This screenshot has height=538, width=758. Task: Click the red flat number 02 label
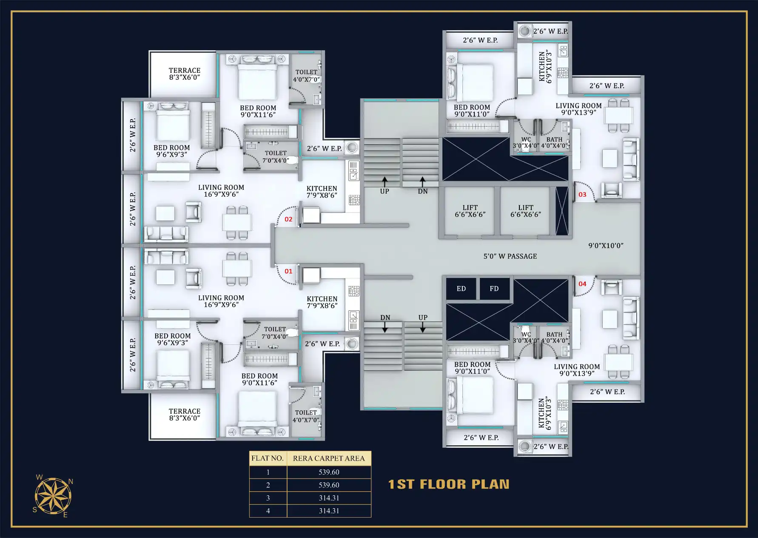click(x=288, y=219)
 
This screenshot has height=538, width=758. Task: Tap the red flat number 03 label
click(x=582, y=195)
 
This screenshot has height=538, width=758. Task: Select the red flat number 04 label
click(x=582, y=284)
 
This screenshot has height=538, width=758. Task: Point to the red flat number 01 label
click(x=288, y=271)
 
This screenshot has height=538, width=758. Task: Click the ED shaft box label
click(x=461, y=289)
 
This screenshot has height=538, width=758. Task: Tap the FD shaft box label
click(x=494, y=289)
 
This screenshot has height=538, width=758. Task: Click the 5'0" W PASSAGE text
click(x=510, y=256)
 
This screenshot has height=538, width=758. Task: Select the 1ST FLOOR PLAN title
click(x=449, y=484)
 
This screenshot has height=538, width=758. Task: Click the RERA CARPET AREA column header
click(x=329, y=458)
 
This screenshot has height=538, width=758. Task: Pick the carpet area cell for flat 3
click(x=329, y=498)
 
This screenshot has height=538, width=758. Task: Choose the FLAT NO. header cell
click(x=268, y=458)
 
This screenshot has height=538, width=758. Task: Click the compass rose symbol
click(x=53, y=496)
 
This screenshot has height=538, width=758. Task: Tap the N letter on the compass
click(x=71, y=482)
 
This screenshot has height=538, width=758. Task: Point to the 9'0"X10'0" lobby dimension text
click(x=606, y=246)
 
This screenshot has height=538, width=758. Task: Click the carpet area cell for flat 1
click(x=329, y=472)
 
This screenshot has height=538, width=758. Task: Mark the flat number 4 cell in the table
click(x=268, y=511)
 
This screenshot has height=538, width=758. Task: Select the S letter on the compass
click(x=35, y=510)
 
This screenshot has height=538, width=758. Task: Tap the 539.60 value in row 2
click(x=329, y=485)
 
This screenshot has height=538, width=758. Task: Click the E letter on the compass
click(x=66, y=515)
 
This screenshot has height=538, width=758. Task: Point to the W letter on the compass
click(x=39, y=477)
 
